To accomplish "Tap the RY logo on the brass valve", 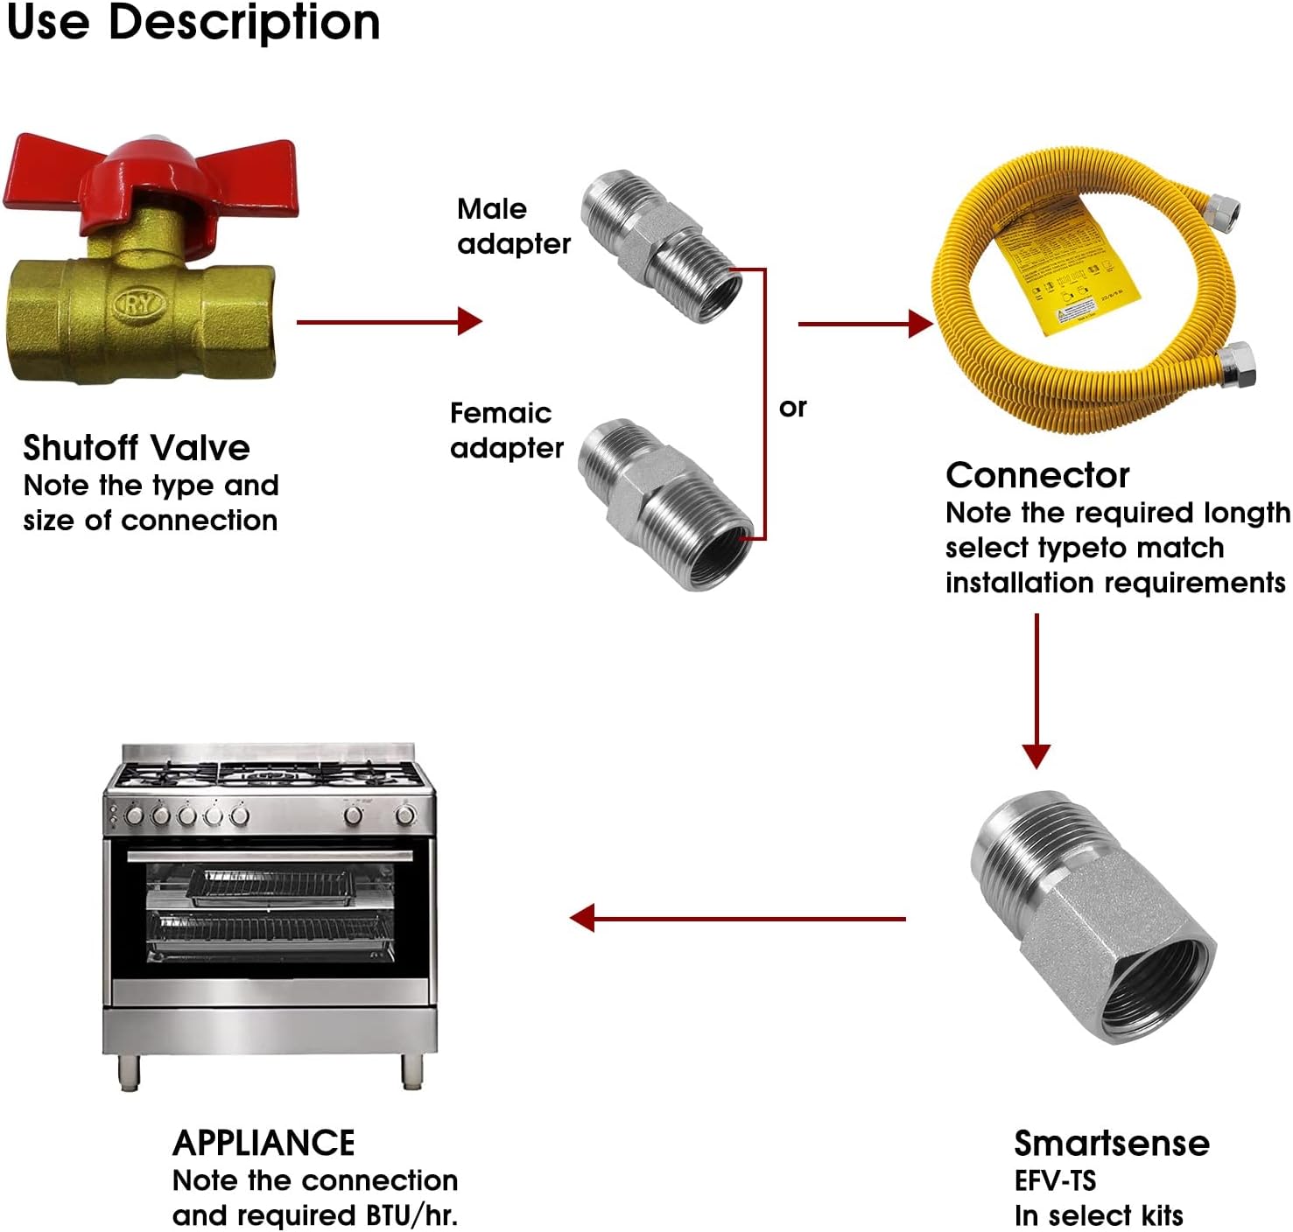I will [x=140, y=304].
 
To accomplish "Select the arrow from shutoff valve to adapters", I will [x=389, y=321].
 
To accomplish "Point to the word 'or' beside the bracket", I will [x=792, y=408].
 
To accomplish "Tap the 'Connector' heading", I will [x=1037, y=475].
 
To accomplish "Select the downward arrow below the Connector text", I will [x=1037, y=691].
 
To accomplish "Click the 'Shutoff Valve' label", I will [x=137, y=448].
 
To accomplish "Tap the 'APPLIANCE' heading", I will [x=264, y=1143].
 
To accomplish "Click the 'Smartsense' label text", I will [x=1112, y=1143].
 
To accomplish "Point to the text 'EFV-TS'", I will [x=1055, y=1180].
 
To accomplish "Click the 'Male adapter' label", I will [x=513, y=226].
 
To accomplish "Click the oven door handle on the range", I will [x=270, y=855].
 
